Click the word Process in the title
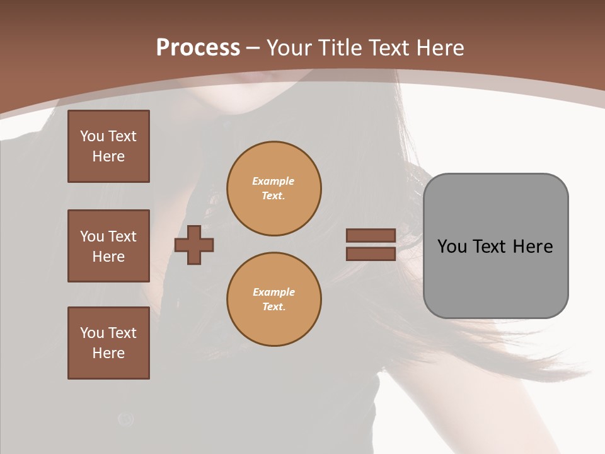(x=198, y=48)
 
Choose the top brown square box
(x=108, y=146)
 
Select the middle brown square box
(x=108, y=246)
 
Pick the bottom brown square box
(x=108, y=343)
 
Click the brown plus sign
(x=194, y=245)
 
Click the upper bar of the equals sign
(x=371, y=235)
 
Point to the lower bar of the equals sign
(x=371, y=254)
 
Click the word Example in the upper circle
(x=274, y=181)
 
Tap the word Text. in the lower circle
(x=274, y=306)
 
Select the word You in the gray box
(x=452, y=247)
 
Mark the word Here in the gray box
(x=533, y=247)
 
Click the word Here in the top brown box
(x=108, y=156)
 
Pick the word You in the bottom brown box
(x=92, y=333)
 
